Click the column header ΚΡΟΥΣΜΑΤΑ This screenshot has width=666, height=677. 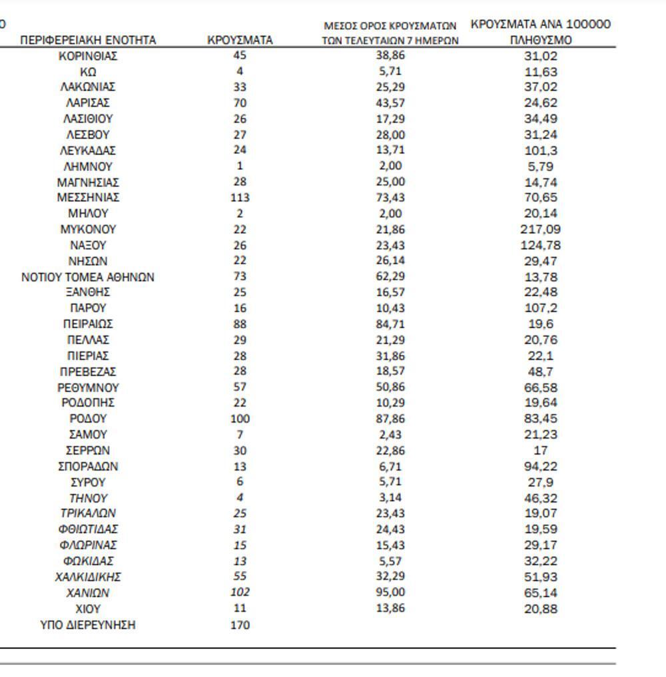240,40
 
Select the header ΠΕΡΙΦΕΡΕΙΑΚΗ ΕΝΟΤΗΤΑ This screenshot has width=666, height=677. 88,40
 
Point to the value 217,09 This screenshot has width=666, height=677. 540,230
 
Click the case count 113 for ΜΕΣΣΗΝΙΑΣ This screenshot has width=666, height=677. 240,198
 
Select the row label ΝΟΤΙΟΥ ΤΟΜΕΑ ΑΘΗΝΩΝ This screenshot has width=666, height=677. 88,277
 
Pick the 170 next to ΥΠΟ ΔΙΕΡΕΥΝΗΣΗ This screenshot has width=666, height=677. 240,625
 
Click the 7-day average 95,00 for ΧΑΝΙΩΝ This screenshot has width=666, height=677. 390,592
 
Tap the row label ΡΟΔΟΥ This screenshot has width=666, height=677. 88,419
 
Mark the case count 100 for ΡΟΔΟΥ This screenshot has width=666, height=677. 240,419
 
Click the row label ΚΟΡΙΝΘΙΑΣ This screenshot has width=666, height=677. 88,56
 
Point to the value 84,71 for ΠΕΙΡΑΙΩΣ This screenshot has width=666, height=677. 390,324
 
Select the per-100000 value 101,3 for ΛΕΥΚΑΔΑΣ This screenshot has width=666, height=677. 540,150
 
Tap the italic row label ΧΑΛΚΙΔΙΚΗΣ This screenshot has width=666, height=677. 88,577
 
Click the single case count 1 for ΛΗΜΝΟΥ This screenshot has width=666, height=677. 240,166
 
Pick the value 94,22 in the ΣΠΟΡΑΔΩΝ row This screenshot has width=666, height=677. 540,467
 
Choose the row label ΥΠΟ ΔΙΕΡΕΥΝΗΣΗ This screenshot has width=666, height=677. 88,625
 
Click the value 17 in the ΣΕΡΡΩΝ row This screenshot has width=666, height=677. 540,451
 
